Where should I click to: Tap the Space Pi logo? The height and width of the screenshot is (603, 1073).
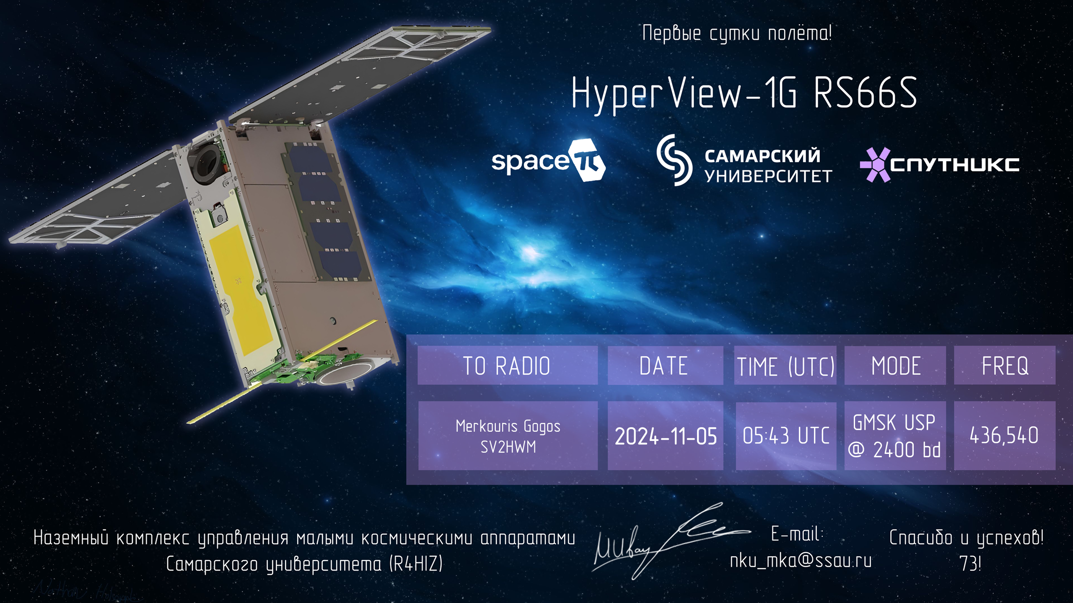[x=549, y=161]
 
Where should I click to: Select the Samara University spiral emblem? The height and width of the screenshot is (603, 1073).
[x=674, y=160]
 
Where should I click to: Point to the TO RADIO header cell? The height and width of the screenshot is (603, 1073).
[x=508, y=365]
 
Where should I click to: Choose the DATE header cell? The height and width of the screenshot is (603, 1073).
[x=665, y=365]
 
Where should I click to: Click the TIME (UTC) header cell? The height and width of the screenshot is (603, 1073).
[x=785, y=365]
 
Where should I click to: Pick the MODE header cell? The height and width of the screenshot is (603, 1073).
[x=895, y=365]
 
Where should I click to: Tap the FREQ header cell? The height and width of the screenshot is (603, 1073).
[x=1005, y=365]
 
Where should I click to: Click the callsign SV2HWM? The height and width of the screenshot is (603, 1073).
[x=508, y=447]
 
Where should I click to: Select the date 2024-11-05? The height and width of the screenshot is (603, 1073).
[x=666, y=436]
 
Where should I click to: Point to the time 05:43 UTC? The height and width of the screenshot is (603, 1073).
[x=786, y=435]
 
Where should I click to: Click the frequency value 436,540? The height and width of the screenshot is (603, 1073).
[x=1004, y=435]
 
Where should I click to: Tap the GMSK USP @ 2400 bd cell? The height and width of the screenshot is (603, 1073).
[x=895, y=435]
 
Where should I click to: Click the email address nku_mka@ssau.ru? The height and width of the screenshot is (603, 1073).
[x=801, y=560]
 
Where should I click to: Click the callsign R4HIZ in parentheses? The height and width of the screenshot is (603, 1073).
[x=416, y=564]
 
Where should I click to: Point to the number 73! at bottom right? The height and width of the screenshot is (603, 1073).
[x=970, y=564]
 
